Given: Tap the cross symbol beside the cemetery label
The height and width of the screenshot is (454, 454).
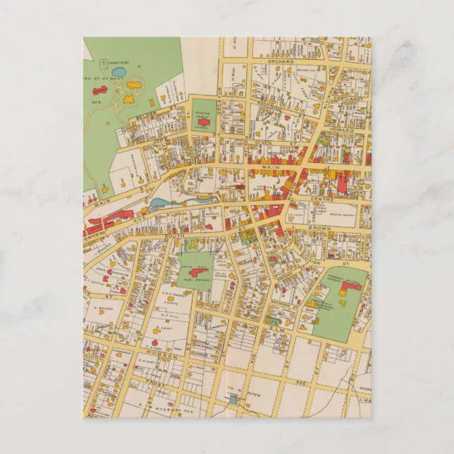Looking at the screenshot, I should coord(104,62).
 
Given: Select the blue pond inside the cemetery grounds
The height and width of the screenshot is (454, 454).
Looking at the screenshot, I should coord(119,72).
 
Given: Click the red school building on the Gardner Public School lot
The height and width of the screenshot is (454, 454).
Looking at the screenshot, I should coord(204,122).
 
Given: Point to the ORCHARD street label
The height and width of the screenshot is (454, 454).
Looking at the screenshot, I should coord(279,62).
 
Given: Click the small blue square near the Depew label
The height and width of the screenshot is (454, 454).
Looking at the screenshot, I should coord(233,399).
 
